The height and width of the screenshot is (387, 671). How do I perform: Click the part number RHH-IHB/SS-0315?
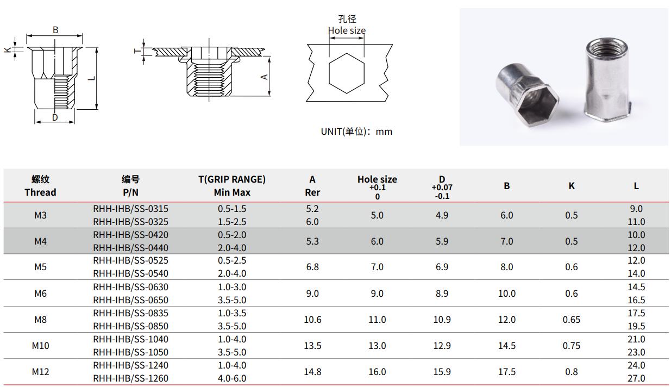130,209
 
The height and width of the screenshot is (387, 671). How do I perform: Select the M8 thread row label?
40,320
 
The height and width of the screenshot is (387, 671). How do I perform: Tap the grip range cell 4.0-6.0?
232,378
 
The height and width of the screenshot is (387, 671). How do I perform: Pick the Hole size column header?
377,179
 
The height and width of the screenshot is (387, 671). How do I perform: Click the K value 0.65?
571,320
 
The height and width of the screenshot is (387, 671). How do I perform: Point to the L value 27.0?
636,378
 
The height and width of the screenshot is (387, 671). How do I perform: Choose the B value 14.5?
507,346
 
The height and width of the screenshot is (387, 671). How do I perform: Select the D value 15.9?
442,372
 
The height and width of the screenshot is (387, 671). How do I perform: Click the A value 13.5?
312,346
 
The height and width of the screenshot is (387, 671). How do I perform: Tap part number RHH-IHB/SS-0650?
130,300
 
